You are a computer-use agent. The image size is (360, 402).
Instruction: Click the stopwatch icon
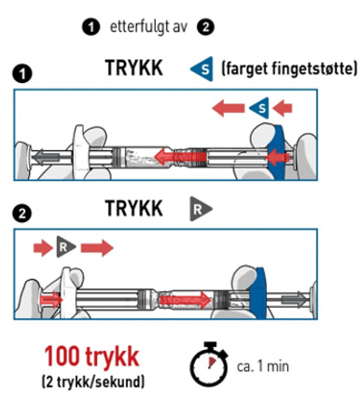point(209,365)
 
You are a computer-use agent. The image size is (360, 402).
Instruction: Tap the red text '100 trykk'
point(91,357)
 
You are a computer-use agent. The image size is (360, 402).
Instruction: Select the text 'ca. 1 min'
point(263,367)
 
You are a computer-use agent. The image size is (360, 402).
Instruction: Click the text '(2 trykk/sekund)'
point(93,381)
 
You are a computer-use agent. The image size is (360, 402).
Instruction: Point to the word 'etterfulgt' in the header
point(139,27)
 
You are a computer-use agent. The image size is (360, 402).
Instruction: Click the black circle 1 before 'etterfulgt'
point(91,27)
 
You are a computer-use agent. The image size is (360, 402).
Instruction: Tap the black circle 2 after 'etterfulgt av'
point(205,27)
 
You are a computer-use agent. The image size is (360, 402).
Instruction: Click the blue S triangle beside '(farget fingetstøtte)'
point(202,69)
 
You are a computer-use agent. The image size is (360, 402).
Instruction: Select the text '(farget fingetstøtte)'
point(289,69)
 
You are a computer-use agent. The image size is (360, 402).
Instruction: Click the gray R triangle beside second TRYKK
point(201,209)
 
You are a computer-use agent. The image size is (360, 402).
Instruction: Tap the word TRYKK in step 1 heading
point(134,68)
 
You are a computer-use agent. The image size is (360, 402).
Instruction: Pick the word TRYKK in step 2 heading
point(134,208)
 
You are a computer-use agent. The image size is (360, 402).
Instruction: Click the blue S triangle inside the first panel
point(260,108)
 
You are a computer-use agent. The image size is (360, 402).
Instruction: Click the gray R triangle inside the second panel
point(65,247)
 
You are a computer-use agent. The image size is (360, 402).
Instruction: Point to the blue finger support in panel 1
point(278,152)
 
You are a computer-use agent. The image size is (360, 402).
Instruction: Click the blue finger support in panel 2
point(258,293)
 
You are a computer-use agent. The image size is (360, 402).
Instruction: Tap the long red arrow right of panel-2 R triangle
point(97,248)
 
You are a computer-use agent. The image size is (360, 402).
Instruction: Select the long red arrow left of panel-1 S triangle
point(228,108)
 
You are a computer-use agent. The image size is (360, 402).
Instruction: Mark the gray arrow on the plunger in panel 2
point(294,299)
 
